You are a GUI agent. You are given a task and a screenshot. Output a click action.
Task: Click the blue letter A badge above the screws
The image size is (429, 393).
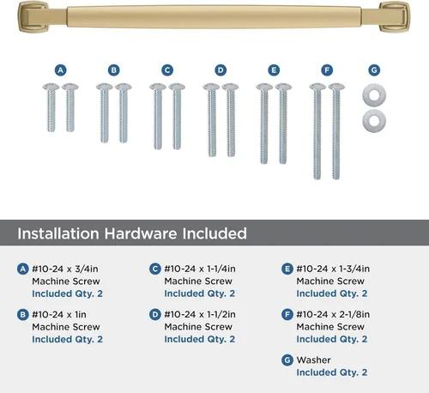[x=61, y=70]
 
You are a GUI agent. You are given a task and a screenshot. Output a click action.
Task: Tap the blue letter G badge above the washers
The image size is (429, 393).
[x=374, y=70]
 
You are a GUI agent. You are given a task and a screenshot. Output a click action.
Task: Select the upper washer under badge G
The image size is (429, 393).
[x=374, y=94]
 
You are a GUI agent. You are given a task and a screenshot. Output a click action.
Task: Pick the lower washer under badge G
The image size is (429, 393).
[x=374, y=120]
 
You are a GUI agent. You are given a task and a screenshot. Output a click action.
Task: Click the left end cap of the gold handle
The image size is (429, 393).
[x=32, y=16]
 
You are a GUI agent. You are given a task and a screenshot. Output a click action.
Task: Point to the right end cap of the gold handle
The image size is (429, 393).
[x=395, y=16]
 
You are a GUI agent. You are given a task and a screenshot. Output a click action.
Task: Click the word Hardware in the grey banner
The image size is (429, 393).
[x=141, y=233]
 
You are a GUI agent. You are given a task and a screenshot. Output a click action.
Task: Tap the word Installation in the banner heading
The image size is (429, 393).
[x=58, y=233]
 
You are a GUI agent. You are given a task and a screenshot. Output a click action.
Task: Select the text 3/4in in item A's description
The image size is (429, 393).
[x=87, y=269]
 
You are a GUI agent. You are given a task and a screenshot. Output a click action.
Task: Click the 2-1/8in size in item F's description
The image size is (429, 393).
[x=354, y=314]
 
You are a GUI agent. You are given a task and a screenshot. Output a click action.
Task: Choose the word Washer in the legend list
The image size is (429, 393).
[x=313, y=360]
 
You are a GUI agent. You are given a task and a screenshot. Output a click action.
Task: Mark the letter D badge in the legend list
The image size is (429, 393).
[x=155, y=315]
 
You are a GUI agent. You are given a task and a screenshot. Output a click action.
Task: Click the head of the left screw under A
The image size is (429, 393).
[x=51, y=87]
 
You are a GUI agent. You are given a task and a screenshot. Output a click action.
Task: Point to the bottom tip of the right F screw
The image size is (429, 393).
[x=336, y=178]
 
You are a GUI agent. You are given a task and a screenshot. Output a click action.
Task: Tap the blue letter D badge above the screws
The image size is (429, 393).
[x=221, y=70]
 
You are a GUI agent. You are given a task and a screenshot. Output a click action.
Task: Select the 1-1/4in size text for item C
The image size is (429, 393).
[x=221, y=269]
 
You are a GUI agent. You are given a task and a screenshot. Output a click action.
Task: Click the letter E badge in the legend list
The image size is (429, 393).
[x=287, y=269]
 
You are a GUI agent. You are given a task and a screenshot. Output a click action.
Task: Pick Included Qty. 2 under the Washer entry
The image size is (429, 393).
[x=332, y=372]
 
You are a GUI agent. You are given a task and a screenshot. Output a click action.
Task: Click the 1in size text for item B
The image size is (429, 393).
[x=81, y=315]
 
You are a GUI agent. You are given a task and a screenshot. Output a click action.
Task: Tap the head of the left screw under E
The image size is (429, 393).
[x=264, y=87]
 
